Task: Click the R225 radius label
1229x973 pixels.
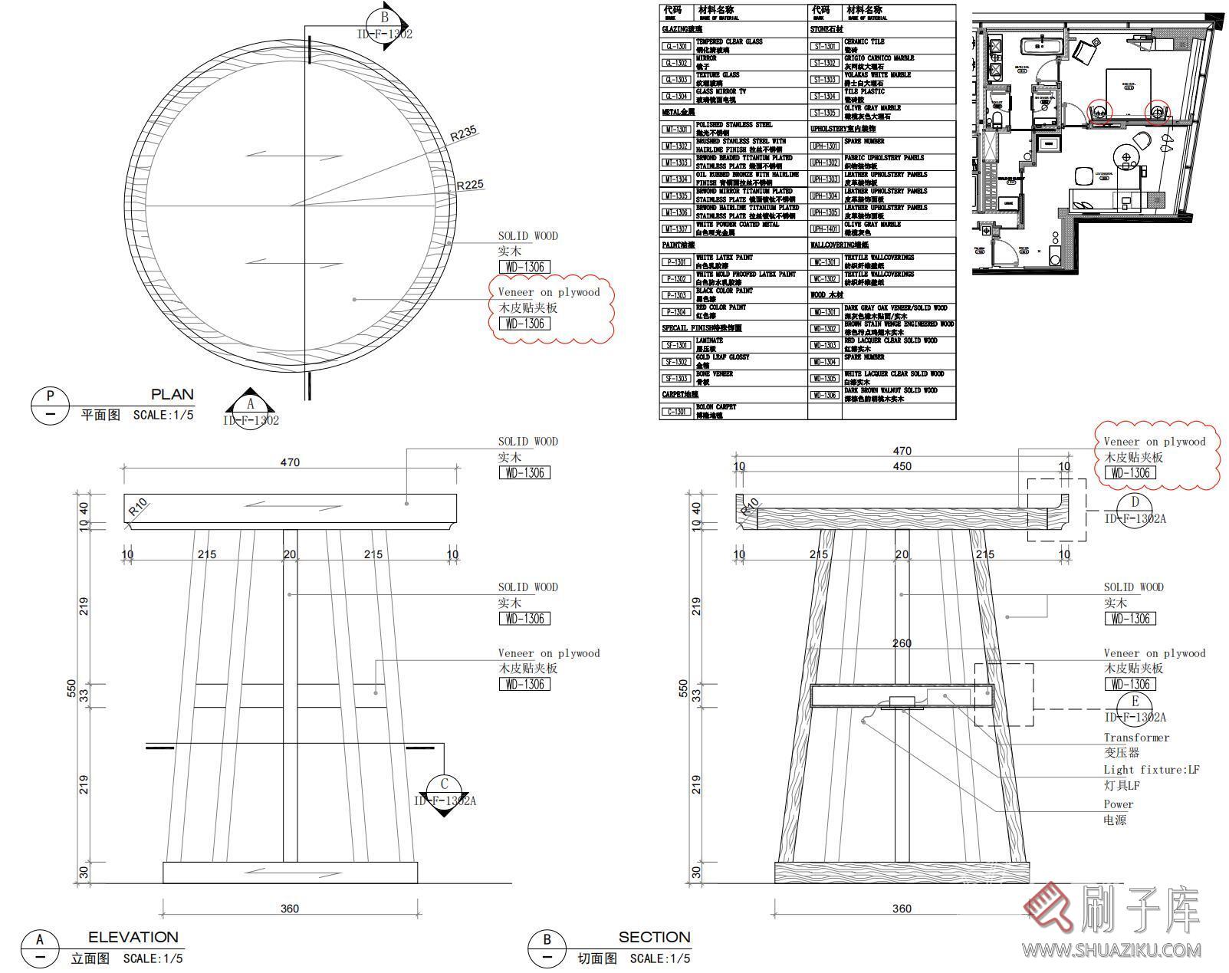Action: pos(470,185)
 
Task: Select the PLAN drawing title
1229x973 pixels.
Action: pos(172,395)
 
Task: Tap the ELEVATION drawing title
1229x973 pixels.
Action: pos(133,937)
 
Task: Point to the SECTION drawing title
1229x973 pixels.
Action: pos(654,937)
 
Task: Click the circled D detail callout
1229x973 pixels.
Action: pos(1134,503)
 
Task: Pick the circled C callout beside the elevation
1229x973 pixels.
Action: pos(444,784)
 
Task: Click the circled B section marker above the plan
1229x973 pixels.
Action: pos(385,18)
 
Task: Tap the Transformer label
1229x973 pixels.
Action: pos(1136,738)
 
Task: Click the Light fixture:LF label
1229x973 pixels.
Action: pos(1151,770)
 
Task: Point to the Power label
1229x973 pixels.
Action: pos(1118,804)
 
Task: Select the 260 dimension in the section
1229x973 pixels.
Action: pos(902,643)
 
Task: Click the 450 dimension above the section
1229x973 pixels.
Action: pos(902,466)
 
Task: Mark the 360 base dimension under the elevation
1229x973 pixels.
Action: pos(289,909)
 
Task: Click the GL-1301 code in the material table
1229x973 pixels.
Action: pos(676,46)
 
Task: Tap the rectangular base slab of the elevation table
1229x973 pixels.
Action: pos(290,873)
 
